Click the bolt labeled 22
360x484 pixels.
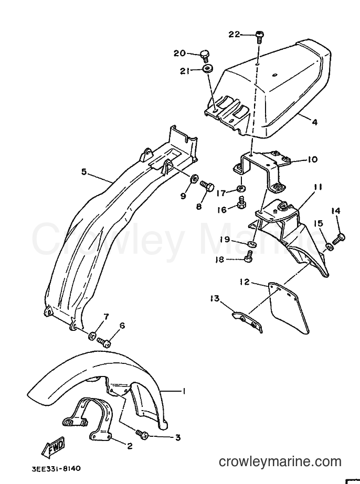(x=259, y=37)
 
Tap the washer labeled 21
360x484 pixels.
(x=208, y=68)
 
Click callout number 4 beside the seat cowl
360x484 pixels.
(x=314, y=122)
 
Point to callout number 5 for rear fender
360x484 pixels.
(x=84, y=171)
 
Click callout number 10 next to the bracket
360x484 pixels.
(x=312, y=159)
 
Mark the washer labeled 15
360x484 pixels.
(x=330, y=246)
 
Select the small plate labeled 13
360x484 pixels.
(x=248, y=322)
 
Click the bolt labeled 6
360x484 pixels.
(x=104, y=342)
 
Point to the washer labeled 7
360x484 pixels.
(x=92, y=336)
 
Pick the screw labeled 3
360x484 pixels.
(x=142, y=434)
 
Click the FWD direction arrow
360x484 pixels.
(x=53, y=447)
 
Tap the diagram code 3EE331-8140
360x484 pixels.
(x=56, y=469)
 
